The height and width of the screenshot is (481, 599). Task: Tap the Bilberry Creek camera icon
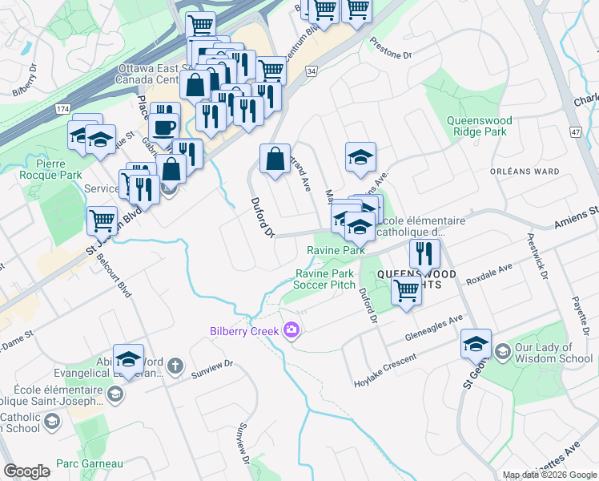[291, 330]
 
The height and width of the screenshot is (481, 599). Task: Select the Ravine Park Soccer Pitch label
[325, 279]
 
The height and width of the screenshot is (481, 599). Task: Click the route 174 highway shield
[60, 107]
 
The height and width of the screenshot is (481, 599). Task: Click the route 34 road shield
[311, 71]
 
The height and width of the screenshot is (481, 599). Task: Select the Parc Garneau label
[90, 463]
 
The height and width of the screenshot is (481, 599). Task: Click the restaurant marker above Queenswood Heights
[424, 253]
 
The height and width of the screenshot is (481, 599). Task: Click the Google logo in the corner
[26, 471]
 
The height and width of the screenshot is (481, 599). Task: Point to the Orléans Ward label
[524, 171]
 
